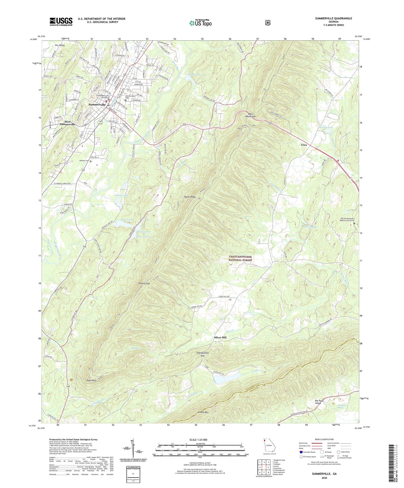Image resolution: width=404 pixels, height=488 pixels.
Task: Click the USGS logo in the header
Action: click(61, 22)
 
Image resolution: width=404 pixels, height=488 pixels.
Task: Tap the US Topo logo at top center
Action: click(200, 23)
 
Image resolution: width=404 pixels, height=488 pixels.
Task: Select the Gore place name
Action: click(304, 145)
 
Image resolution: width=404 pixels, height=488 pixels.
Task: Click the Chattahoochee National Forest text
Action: click(240, 258)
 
